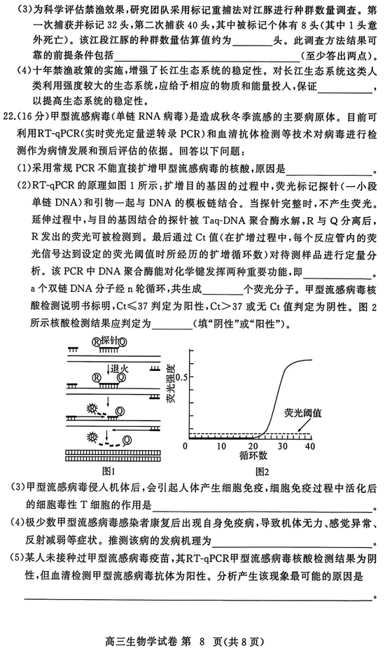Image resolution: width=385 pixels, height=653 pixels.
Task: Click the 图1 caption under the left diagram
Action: pos(108,470)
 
